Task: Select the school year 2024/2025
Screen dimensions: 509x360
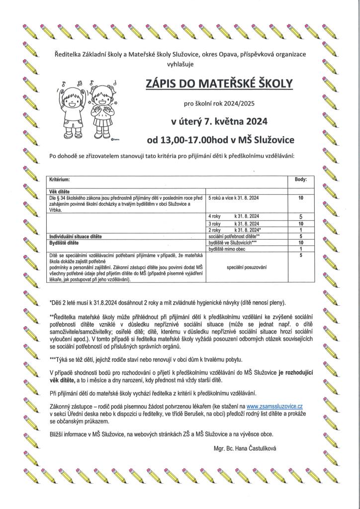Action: [238, 104]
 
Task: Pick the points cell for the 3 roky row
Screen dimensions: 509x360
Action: [301, 224]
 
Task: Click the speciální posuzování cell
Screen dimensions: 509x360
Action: [247, 267]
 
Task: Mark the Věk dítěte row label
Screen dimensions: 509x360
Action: [59, 191]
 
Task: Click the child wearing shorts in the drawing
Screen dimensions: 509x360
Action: [72, 107]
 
